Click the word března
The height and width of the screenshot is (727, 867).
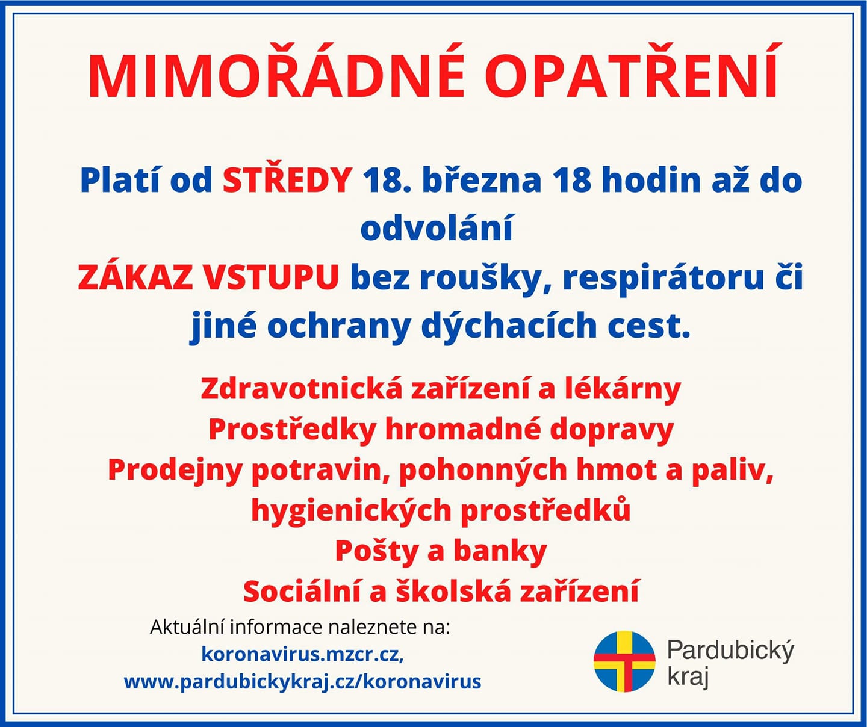(482, 180)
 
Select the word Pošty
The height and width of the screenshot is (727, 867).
(382, 552)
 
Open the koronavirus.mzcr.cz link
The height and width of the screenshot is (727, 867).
(303, 654)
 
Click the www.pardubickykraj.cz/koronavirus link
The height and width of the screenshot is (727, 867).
(303, 682)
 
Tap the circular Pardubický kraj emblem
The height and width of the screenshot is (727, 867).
(624, 661)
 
